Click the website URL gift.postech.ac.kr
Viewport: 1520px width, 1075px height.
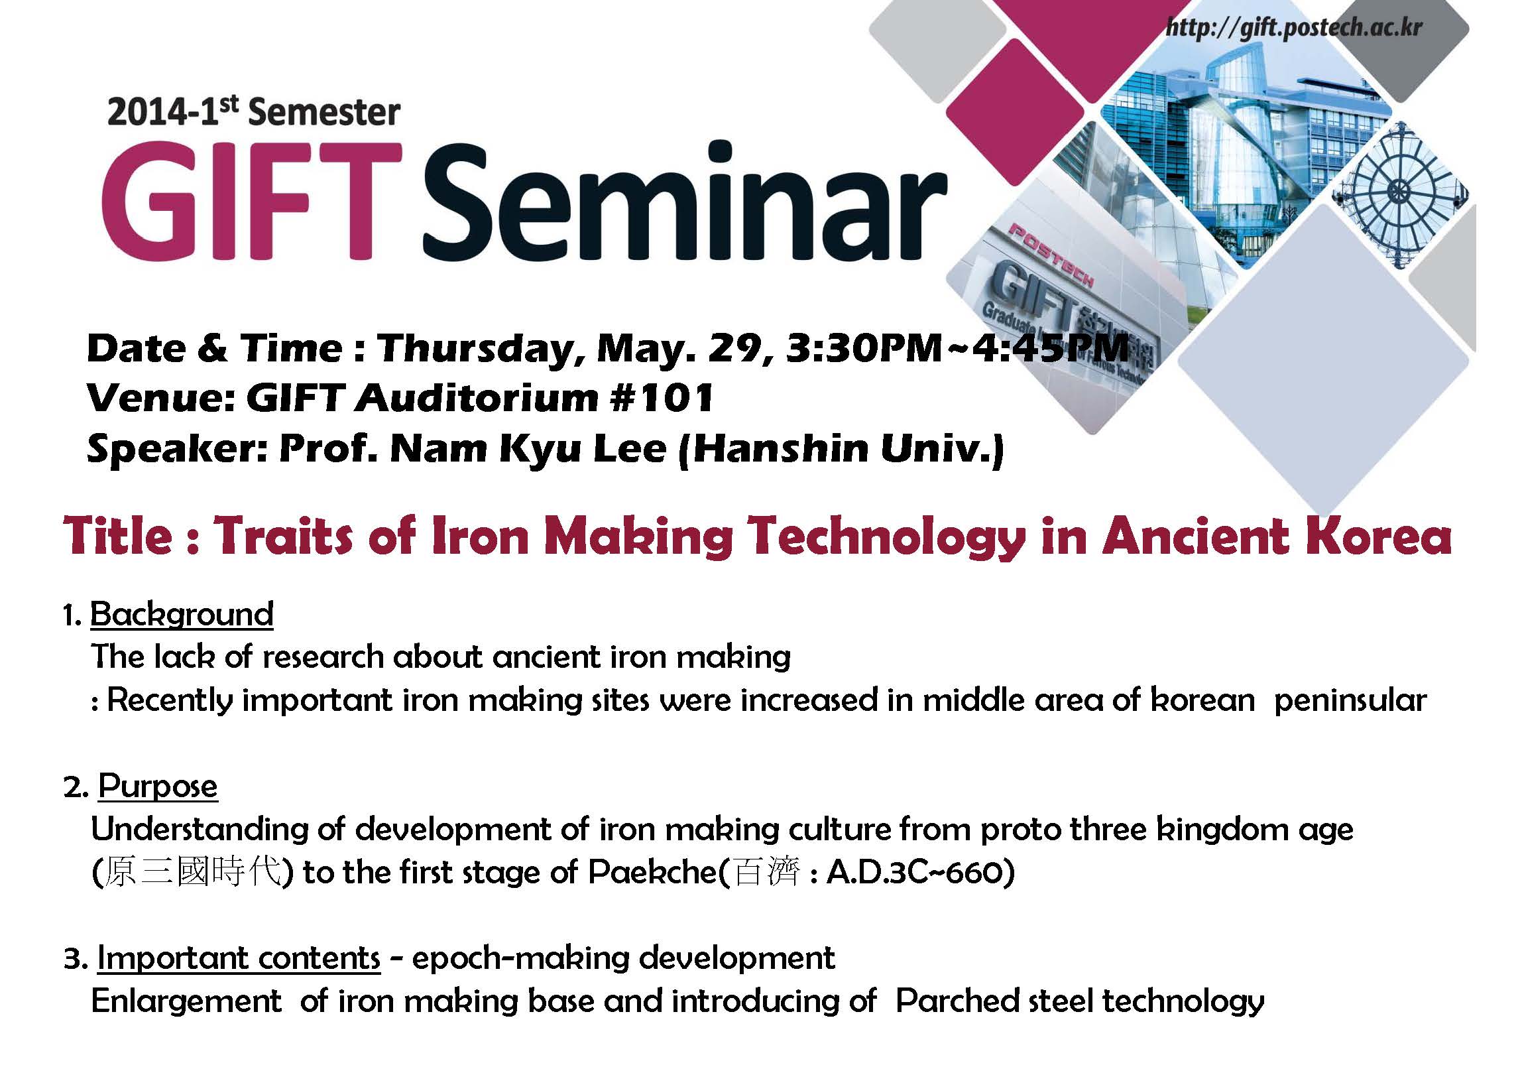pyautogui.click(x=1294, y=28)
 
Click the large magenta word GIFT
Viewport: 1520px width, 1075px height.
pyautogui.click(x=252, y=201)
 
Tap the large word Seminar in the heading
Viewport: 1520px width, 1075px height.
pyautogui.click(x=685, y=201)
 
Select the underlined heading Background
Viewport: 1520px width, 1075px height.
pyautogui.click(x=182, y=614)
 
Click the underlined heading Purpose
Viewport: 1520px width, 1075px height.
pyautogui.click(x=158, y=787)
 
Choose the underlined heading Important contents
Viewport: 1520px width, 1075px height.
pyautogui.click(x=239, y=958)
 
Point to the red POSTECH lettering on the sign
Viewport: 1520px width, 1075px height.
pyautogui.click(x=1051, y=255)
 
